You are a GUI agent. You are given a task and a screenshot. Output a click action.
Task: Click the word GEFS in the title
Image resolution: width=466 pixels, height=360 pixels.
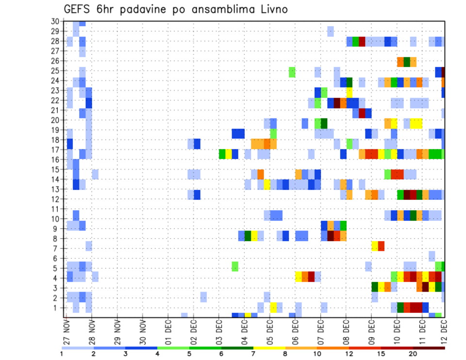(x=79, y=9)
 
